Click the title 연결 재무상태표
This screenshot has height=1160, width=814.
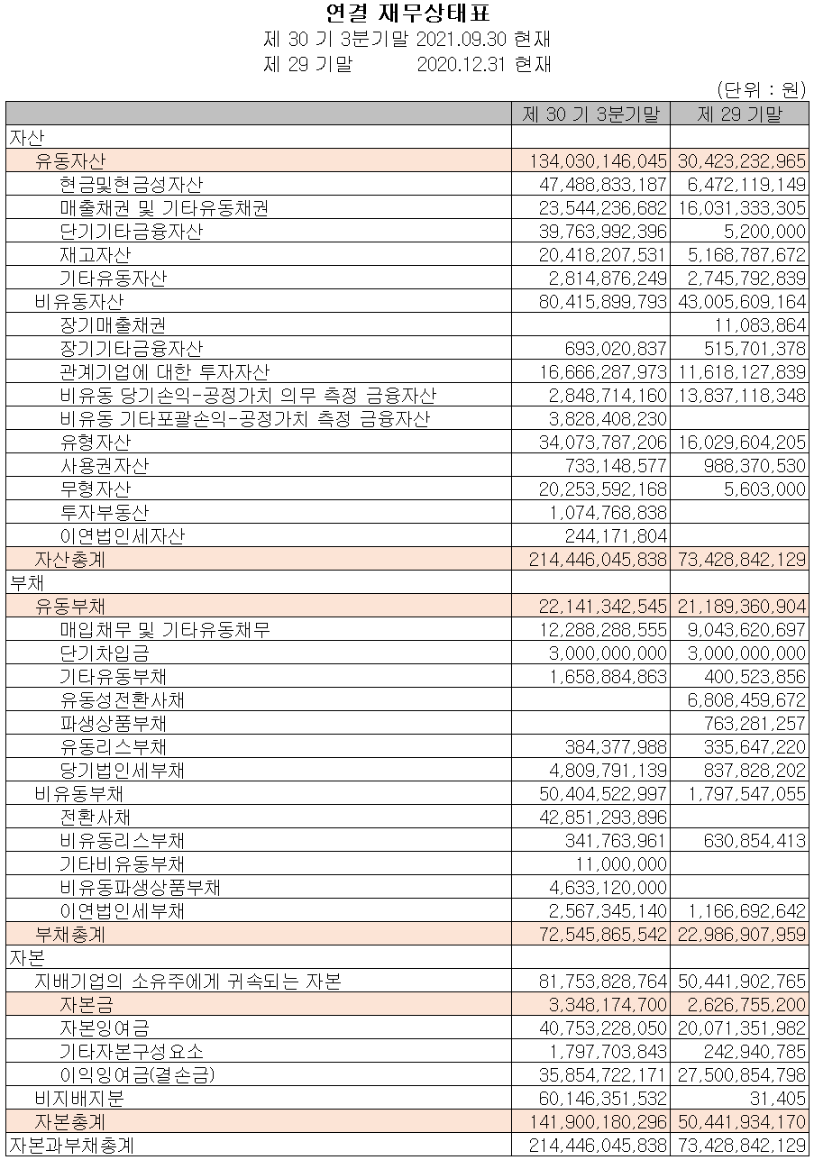(x=407, y=14)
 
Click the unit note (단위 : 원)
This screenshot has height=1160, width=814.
(x=760, y=89)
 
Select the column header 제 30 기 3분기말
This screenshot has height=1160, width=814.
(x=590, y=114)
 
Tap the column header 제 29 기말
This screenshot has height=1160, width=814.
(x=739, y=114)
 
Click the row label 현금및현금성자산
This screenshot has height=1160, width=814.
(x=131, y=185)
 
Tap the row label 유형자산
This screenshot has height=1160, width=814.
(x=95, y=442)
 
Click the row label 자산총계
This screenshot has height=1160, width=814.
(x=70, y=560)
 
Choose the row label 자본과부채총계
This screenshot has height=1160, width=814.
(x=71, y=1146)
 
